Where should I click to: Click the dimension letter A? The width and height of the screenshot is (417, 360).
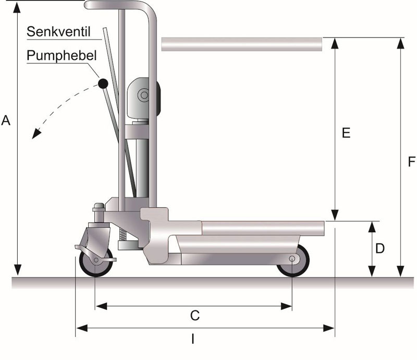pyautogui.click(x=6, y=121)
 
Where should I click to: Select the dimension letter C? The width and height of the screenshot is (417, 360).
pyautogui.click(x=194, y=316)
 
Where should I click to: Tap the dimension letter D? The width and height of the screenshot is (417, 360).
pyautogui.click(x=380, y=249)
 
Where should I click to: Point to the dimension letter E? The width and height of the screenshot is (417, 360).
pyautogui.click(x=345, y=133)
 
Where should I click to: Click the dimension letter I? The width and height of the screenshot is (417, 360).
pyautogui.click(x=193, y=339)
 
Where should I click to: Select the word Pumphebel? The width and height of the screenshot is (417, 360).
pyautogui.click(x=61, y=56)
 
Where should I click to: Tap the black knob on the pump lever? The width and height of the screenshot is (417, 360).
pyautogui.click(x=103, y=83)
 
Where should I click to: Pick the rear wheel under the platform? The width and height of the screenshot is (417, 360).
pyautogui.click(x=292, y=260)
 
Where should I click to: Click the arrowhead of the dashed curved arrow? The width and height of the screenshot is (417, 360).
pyautogui.click(x=35, y=135)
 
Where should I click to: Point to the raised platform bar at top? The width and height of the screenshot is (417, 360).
pyautogui.click(x=242, y=44)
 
